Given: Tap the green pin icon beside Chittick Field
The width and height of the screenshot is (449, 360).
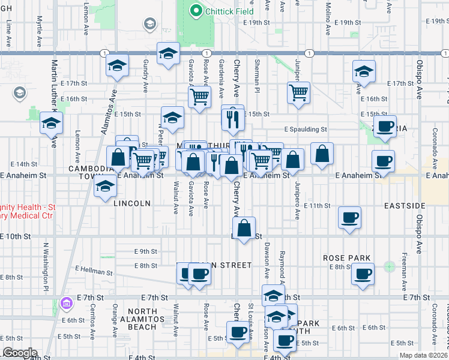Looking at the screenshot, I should (195, 10).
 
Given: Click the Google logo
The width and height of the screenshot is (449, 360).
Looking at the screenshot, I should (20, 353).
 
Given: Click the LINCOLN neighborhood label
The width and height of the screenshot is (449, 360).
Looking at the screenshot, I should (131, 203).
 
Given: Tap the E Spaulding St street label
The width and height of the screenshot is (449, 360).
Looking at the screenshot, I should (306, 129).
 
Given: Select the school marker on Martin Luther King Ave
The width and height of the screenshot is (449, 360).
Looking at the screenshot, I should (52, 124).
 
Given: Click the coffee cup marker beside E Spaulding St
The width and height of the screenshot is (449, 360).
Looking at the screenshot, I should (385, 127).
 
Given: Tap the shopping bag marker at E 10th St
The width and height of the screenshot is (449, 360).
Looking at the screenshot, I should (244, 229).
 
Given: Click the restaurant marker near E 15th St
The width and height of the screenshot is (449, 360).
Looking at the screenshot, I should (232, 118).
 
